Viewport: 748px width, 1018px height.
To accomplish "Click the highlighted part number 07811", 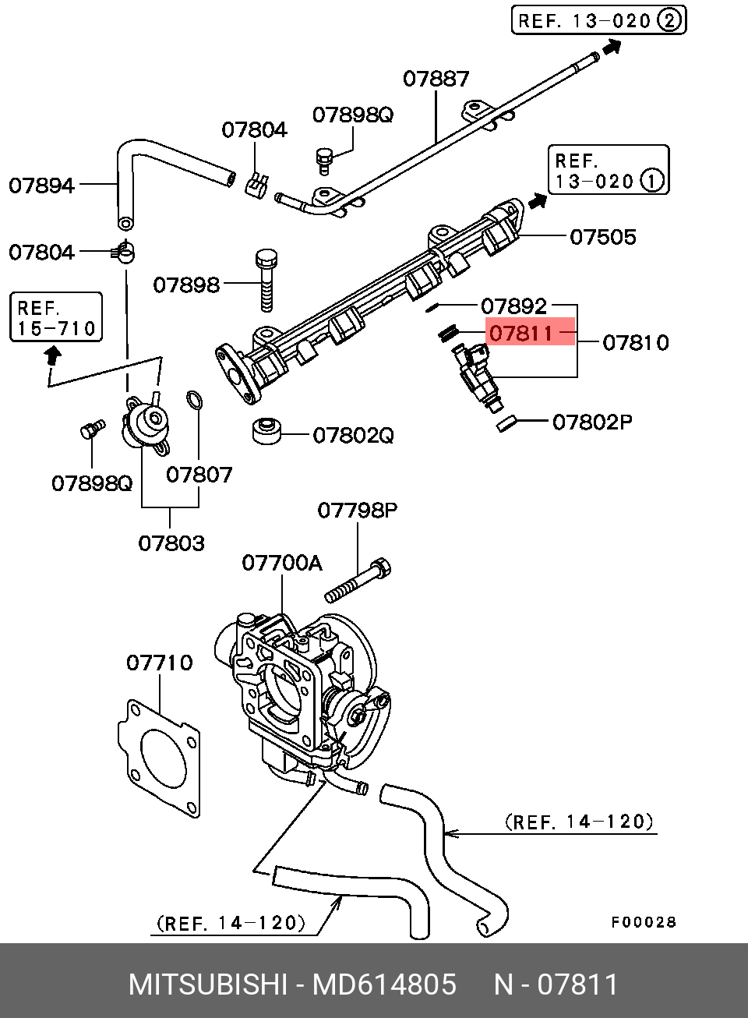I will click(521, 334).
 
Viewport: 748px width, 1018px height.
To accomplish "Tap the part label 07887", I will click(436, 79).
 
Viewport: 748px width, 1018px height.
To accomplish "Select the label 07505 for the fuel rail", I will click(602, 237).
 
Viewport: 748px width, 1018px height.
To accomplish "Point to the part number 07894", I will click(41, 186).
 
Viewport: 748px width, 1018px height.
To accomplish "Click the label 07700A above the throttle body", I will click(281, 563).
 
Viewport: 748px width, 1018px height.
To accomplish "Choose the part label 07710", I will click(159, 663).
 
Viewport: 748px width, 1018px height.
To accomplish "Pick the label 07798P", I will click(357, 511).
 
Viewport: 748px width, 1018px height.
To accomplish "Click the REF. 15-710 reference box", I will click(56, 317).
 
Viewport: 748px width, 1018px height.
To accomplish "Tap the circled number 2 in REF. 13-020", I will click(669, 20).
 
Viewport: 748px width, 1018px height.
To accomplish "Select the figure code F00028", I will click(643, 923).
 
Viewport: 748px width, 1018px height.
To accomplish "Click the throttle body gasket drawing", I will click(160, 758).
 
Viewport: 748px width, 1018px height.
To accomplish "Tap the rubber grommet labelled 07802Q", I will click(266, 431).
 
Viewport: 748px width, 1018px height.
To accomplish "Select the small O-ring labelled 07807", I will click(194, 401).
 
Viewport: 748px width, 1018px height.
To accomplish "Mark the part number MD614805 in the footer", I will click(384, 984).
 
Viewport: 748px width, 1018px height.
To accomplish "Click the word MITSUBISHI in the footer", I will click(208, 984).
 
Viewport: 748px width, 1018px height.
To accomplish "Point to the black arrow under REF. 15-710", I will click(52, 356).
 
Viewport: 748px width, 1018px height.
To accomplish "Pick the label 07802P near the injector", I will click(591, 422).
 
